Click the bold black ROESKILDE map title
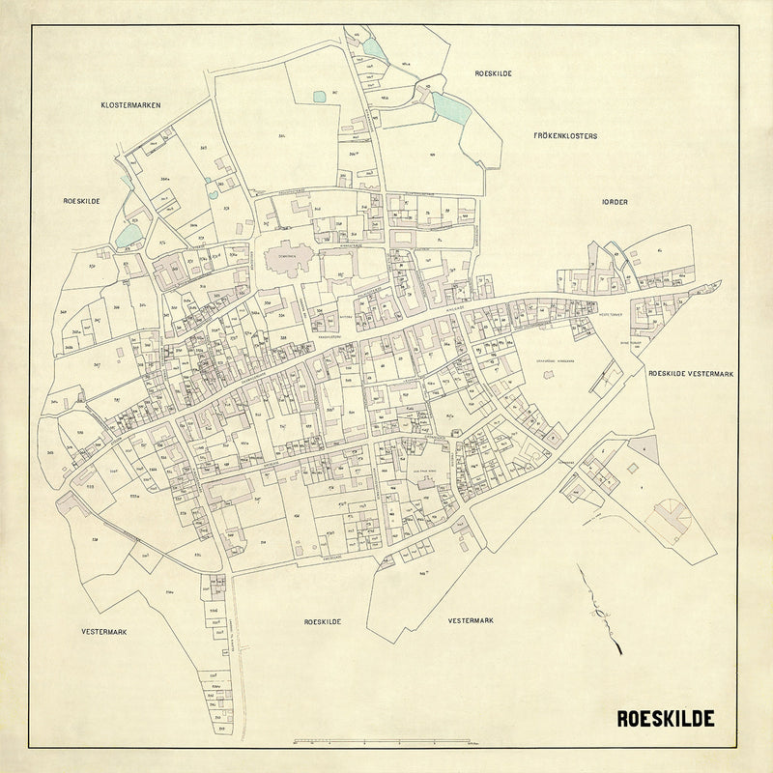[666, 719]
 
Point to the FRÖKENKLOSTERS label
[565, 136]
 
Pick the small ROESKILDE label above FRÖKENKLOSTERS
[492, 73]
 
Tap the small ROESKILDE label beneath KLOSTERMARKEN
[82, 200]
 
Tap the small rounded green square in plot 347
[320, 95]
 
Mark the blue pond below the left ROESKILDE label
[129, 235]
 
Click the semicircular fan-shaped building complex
[673, 517]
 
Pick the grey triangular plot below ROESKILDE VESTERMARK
[644, 447]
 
